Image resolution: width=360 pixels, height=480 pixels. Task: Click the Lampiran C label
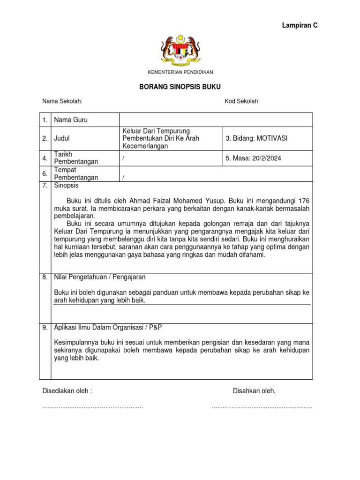(x=300, y=25)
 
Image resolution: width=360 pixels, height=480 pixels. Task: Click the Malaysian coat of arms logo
(x=180, y=50)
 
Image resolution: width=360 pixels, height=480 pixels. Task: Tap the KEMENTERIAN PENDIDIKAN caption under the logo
(x=180, y=72)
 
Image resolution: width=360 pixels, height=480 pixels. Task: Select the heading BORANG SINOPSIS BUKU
(x=180, y=87)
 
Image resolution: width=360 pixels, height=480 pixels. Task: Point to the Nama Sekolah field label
(x=62, y=101)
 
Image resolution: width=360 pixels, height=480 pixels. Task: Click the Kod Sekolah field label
(x=242, y=101)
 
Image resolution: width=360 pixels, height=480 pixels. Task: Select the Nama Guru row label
(x=71, y=120)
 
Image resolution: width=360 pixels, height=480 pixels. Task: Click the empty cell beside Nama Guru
(x=216, y=120)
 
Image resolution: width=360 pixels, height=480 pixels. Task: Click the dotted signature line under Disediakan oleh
(x=92, y=407)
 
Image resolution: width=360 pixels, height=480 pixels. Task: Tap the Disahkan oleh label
(x=254, y=391)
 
